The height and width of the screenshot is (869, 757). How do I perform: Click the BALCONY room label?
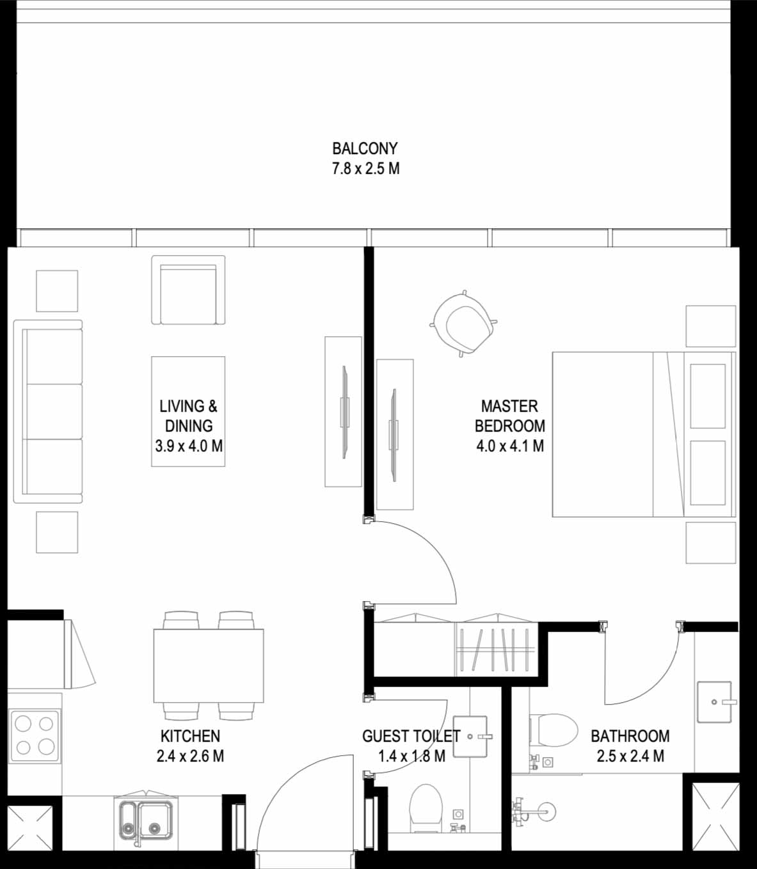(x=365, y=148)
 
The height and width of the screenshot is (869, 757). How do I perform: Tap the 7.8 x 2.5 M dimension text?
(x=365, y=169)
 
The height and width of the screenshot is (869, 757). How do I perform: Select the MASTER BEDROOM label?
(x=509, y=416)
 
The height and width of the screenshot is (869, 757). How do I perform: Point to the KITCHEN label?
(x=190, y=735)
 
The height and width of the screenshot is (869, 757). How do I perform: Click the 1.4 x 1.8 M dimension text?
(x=411, y=756)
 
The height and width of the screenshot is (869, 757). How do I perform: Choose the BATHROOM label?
(x=630, y=735)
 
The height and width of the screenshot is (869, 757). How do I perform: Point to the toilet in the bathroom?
(x=554, y=730)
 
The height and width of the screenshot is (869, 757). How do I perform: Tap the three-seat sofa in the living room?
(x=48, y=412)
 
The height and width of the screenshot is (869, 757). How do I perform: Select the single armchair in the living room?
(x=188, y=290)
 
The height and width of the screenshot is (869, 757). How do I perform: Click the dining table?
(x=208, y=666)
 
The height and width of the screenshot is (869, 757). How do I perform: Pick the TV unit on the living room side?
(x=343, y=412)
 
